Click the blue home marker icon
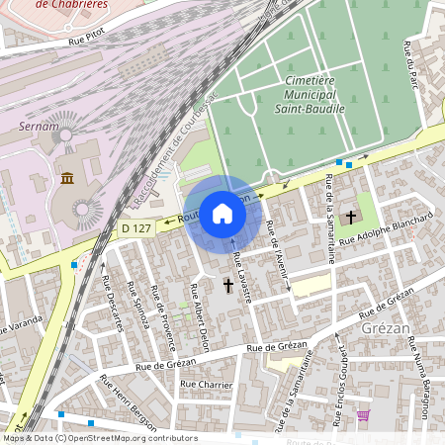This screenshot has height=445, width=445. pos(222,214)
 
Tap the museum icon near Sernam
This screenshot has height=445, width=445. pos(67,178)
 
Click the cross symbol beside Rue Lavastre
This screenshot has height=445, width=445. pos(228,286)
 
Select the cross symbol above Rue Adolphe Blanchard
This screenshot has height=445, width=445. pos(350,217)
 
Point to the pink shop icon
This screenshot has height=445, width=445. pos(363,415)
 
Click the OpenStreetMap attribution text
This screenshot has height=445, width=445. pos(100,438)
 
